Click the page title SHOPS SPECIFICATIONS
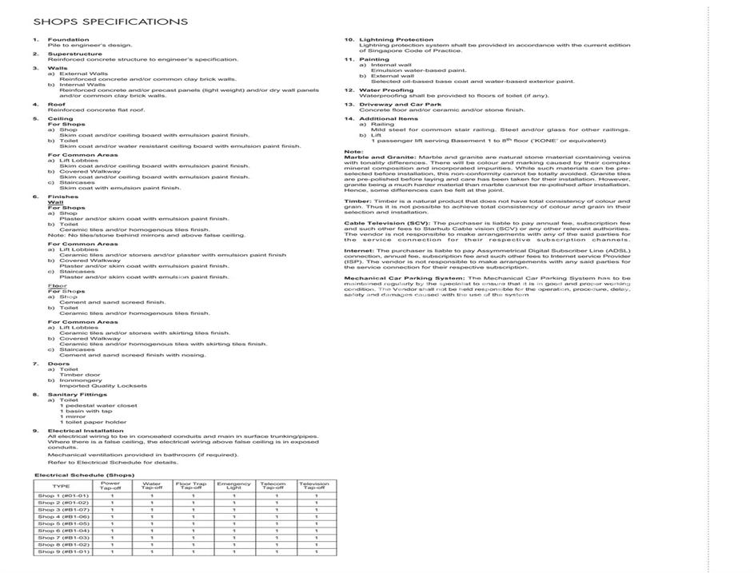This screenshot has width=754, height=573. point(111,22)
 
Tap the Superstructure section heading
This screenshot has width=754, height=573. point(70,54)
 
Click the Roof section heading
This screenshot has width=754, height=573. point(55,104)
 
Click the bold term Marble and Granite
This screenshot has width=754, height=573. point(379,157)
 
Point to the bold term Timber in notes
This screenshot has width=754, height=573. point(357,201)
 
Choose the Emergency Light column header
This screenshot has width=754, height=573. point(233,485)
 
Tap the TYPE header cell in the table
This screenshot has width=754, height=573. point(61,485)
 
